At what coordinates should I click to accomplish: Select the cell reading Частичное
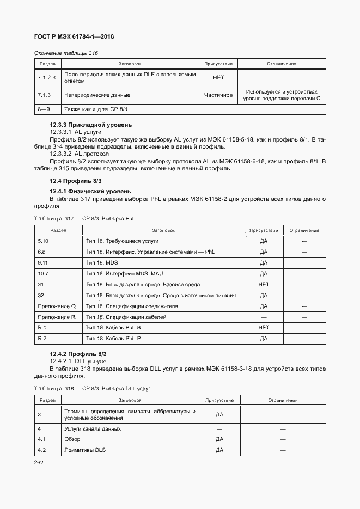pos(218,95)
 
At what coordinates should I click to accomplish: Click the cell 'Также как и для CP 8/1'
pos(96,109)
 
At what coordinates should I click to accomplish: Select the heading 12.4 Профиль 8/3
pos(75,181)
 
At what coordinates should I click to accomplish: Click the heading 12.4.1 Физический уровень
pos(90,192)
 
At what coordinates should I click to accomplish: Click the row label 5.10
pos(43,241)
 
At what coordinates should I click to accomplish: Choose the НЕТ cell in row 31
pos(264,284)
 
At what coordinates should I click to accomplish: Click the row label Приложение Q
pos(57,306)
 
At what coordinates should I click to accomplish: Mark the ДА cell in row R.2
pos(264,339)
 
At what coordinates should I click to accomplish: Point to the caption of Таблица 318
pos(91,388)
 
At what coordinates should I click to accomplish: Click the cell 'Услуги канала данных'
pos(92,428)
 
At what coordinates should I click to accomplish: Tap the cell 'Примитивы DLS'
pos(84,450)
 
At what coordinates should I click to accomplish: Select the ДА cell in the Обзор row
pos(219,439)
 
